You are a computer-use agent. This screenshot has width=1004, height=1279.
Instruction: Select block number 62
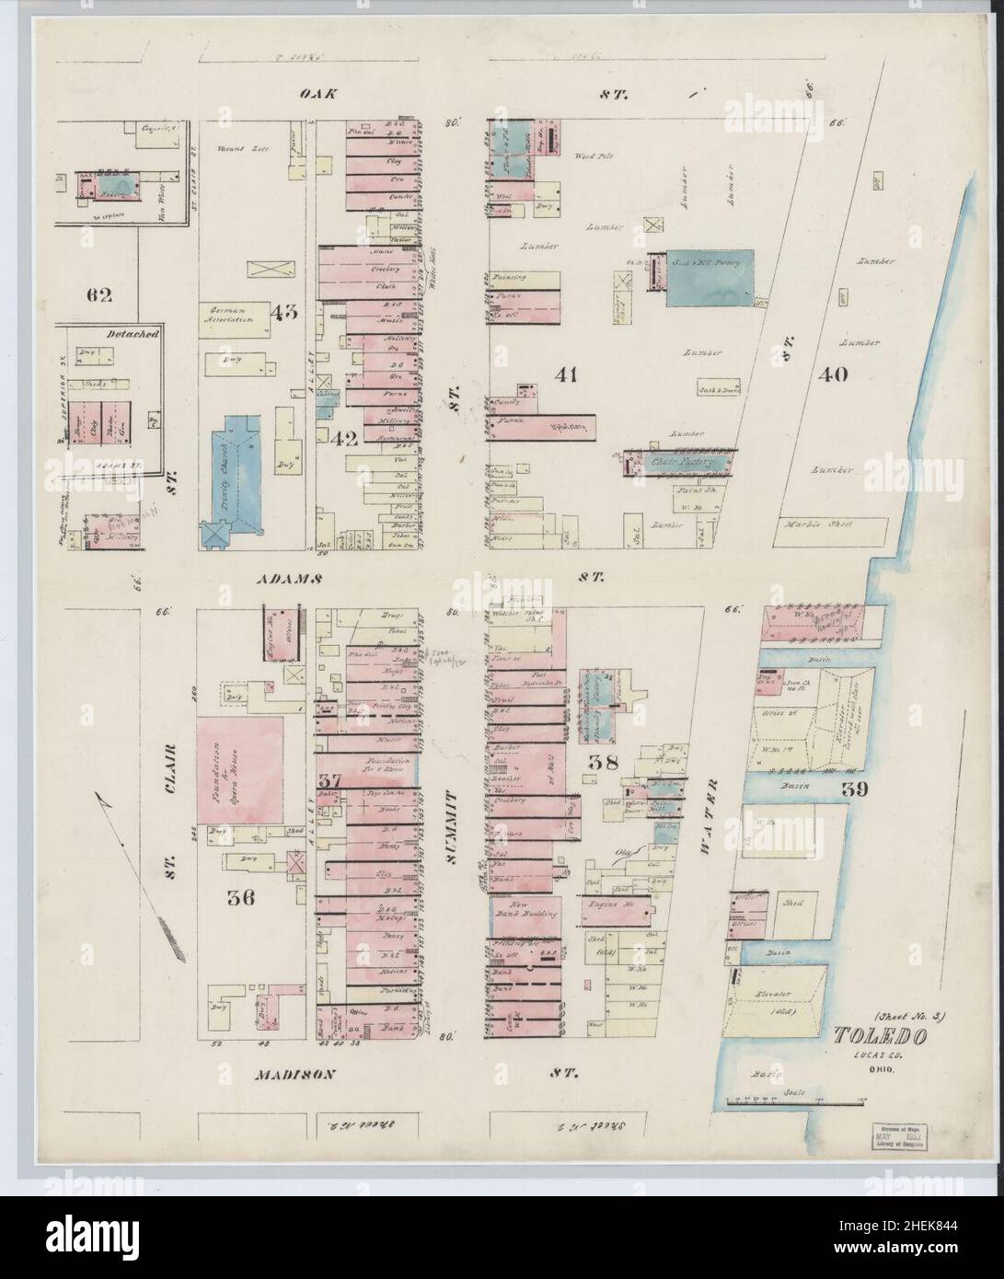(x=98, y=295)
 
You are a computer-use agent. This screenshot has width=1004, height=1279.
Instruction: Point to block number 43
(x=283, y=311)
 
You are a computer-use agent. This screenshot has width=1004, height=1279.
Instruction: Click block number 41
(x=566, y=374)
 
